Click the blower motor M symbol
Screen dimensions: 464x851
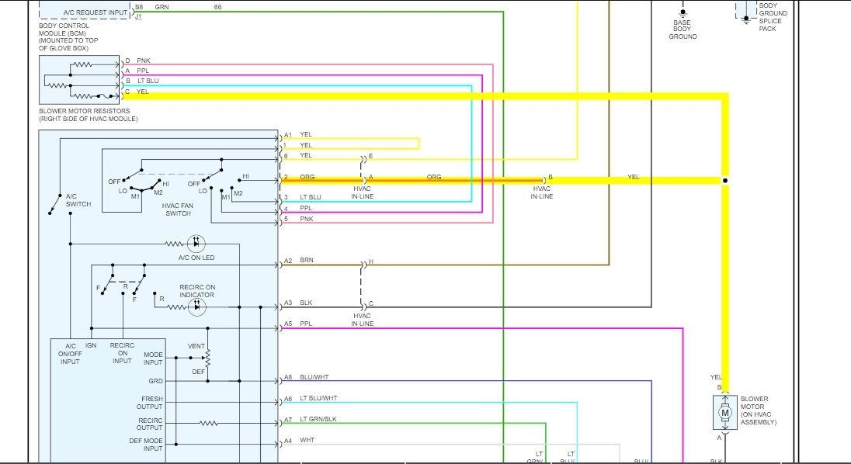click(725, 413)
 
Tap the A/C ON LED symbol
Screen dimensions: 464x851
click(197, 244)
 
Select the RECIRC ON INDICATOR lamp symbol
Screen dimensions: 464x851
click(197, 307)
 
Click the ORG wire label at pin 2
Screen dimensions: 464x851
click(307, 178)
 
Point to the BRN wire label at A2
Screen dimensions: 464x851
click(307, 261)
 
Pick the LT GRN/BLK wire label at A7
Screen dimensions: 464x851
click(318, 419)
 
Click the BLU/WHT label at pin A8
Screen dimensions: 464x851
click(314, 377)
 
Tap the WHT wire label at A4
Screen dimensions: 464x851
click(307, 440)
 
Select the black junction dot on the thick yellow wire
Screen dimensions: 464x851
click(725, 181)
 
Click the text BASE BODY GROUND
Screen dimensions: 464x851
click(683, 29)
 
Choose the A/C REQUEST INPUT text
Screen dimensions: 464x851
click(85, 12)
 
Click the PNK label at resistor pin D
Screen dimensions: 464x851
click(144, 61)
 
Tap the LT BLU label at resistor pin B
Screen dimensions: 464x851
click(148, 81)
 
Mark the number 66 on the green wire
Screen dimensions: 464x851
click(217, 6)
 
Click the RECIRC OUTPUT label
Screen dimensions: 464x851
click(150, 424)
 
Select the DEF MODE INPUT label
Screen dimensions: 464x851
click(146, 444)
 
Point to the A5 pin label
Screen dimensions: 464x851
click(288, 324)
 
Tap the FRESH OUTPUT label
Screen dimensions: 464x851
click(151, 402)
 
